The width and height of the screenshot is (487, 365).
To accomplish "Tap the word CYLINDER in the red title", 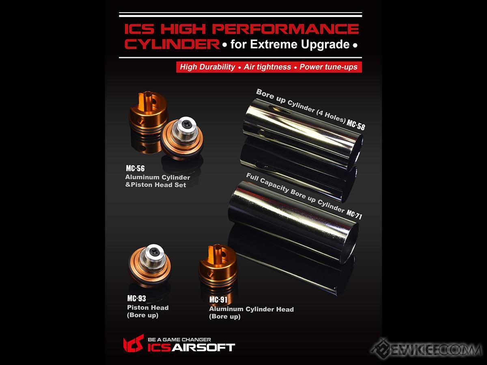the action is (x=172, y=44).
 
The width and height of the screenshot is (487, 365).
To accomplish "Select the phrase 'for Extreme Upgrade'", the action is (x=290, y=45).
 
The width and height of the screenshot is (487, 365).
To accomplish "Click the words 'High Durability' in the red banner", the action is (x=207, y=67).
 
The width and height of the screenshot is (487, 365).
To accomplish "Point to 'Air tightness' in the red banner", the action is (x=267, y=67).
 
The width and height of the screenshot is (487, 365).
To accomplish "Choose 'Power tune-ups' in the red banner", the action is (x=328, y=67).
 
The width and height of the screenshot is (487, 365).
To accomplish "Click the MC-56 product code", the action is (x=135, y=168).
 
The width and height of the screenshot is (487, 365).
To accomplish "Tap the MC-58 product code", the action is (x=356, y=125).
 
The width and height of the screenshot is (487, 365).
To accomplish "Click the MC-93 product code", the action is (x=136, y=298).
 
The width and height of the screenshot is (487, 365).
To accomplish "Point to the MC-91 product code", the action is (x=218, y=300).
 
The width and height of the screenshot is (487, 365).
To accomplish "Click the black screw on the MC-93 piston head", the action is (x=153, y=251).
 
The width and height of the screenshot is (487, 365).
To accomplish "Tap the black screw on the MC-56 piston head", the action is (x=186, y=125).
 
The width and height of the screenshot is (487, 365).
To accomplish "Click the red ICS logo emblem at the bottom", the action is (x=134, y=343).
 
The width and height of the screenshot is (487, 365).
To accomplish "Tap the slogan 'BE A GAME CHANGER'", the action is (x=179, y=339).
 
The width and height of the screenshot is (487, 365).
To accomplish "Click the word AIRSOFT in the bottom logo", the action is (x=203, y=348).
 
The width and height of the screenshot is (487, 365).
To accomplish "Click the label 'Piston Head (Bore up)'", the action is (x=148, y=311).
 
